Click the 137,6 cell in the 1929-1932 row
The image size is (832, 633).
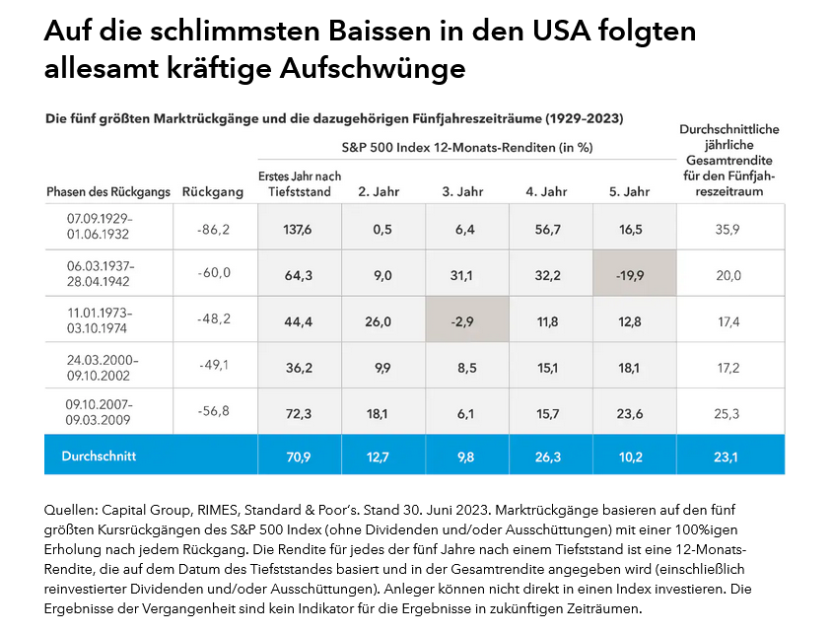tap(299, 229)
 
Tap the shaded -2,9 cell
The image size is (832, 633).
tap(467, 321)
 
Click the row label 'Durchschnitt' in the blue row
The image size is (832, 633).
tap(99, 457)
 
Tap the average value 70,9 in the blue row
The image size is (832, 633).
tap(299, 457)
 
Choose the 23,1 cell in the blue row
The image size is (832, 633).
tap(729, 457)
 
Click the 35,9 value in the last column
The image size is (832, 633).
tap(729, 229)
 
